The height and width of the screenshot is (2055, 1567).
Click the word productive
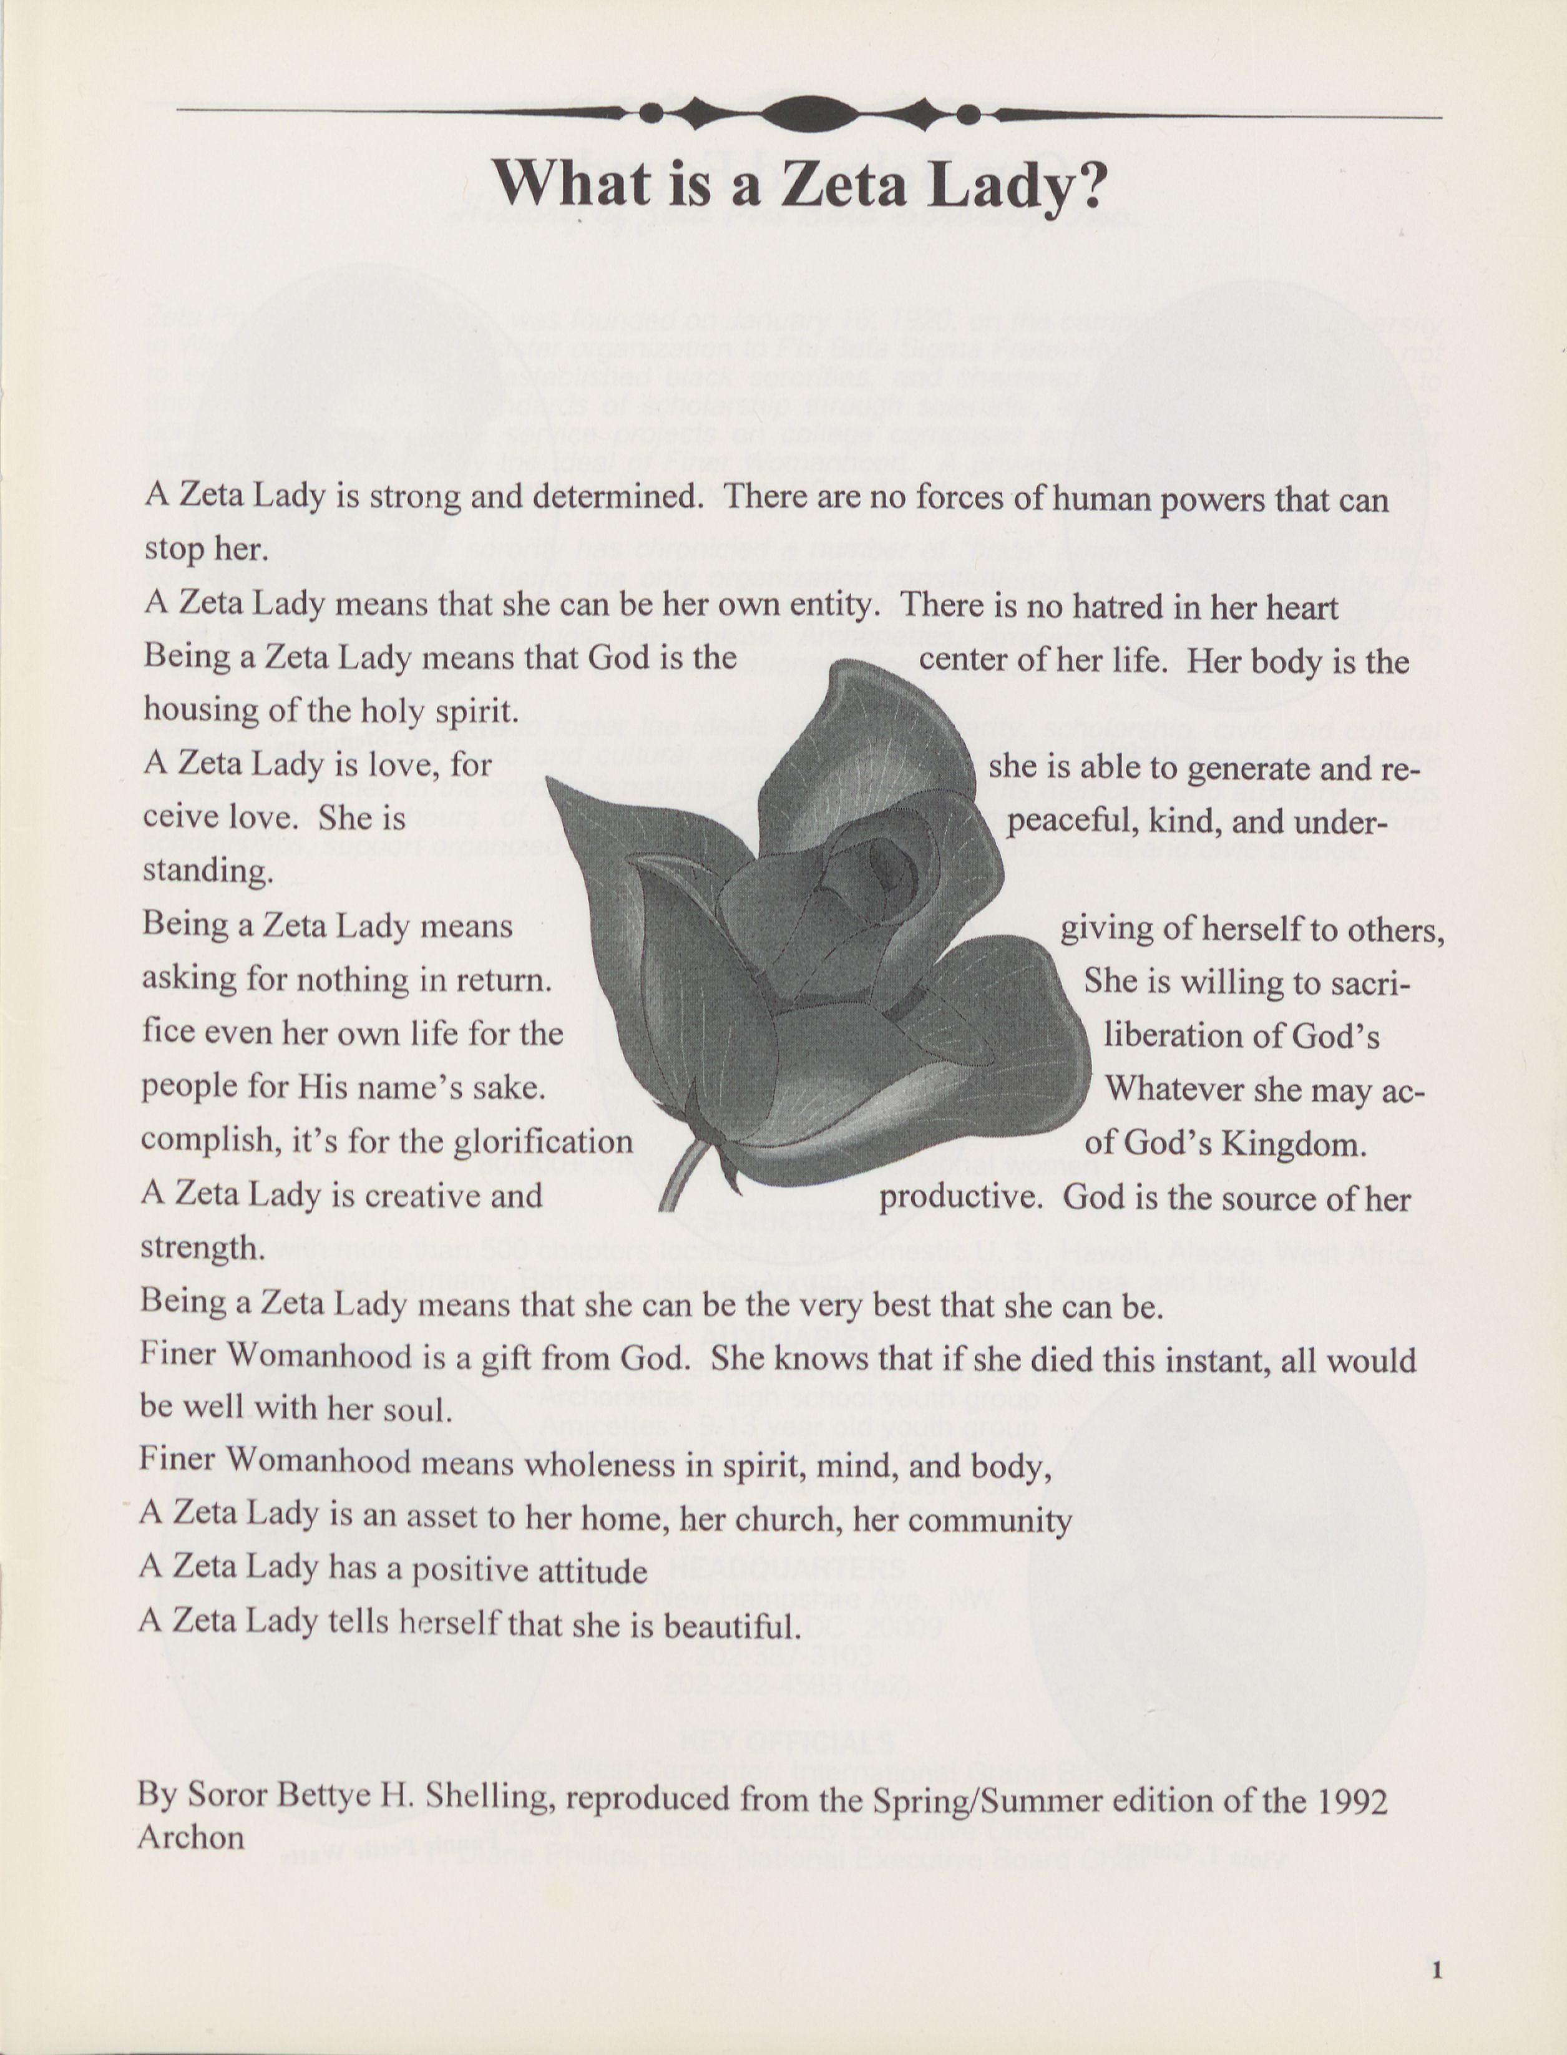[x=960, y=1197]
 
